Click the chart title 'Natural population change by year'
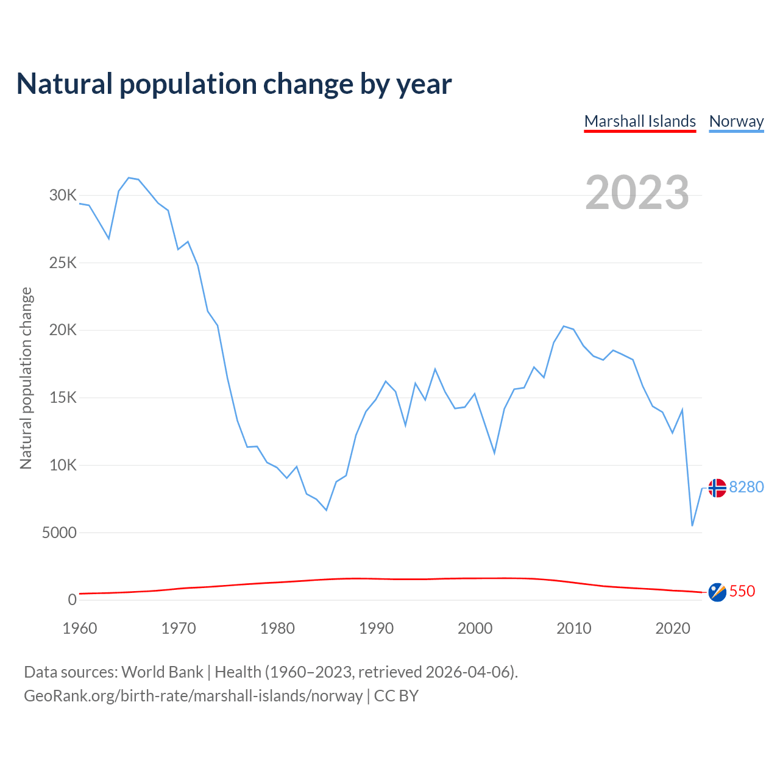tap(234, 84)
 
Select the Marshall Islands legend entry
tap(640, 121)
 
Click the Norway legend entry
tap(736, 121)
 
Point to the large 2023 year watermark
tap(637, 193)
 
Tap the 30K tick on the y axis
tap(63, 196)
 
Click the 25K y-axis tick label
tap(63, 263)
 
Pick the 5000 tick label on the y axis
tap(59, 533)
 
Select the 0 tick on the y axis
tap(73, 600)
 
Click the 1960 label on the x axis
tap(80, 628)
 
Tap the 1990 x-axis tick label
tap(376, 628)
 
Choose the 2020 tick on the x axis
tap(672, 628)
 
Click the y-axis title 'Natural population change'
tap(26, 378)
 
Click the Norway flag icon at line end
tap(717, 488)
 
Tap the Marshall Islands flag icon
tap(717, 592)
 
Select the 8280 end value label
tap(746, 487)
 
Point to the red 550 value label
tap(742, 592)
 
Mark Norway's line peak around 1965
tap(129, 178)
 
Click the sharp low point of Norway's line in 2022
tap(692, 525)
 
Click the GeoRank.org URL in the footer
tap(193, 696)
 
